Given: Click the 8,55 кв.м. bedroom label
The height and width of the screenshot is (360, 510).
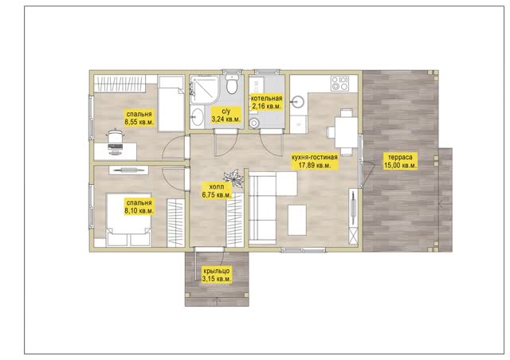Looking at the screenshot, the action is (139, 118).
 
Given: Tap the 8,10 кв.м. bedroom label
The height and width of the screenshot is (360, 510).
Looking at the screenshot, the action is (139, 207).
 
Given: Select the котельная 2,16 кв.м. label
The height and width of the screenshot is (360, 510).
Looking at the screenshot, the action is (267, 102).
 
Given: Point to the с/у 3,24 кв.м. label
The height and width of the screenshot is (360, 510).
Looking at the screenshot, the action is (226, 115).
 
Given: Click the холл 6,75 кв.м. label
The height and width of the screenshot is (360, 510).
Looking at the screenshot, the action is (217, 191).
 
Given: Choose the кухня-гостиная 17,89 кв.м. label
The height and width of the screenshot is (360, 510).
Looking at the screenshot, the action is (315, 162).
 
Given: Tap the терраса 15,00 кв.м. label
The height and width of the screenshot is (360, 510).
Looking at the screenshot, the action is (400, 162).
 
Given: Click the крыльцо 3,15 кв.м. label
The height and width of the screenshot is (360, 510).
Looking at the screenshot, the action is (217, 275).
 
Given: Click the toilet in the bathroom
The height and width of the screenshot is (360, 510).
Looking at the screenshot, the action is (232, 84).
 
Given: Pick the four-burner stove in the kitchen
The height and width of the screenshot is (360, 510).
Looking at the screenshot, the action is (340, 83).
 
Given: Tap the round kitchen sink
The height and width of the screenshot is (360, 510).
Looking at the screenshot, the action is (297, 101).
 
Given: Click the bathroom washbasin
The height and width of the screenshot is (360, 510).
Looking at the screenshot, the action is (197, 116).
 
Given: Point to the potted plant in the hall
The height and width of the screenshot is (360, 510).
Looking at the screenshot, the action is (233, 178).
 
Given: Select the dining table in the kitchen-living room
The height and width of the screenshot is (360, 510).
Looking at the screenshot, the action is (347, 132).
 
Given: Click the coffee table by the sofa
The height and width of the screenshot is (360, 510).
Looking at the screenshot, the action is (297, 220).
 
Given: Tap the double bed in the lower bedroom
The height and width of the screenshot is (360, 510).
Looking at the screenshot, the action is (129, 220).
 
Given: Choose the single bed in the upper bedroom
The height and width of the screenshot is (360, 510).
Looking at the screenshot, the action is (171, 103).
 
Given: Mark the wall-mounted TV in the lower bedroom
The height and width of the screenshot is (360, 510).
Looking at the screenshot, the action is (127, 170).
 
